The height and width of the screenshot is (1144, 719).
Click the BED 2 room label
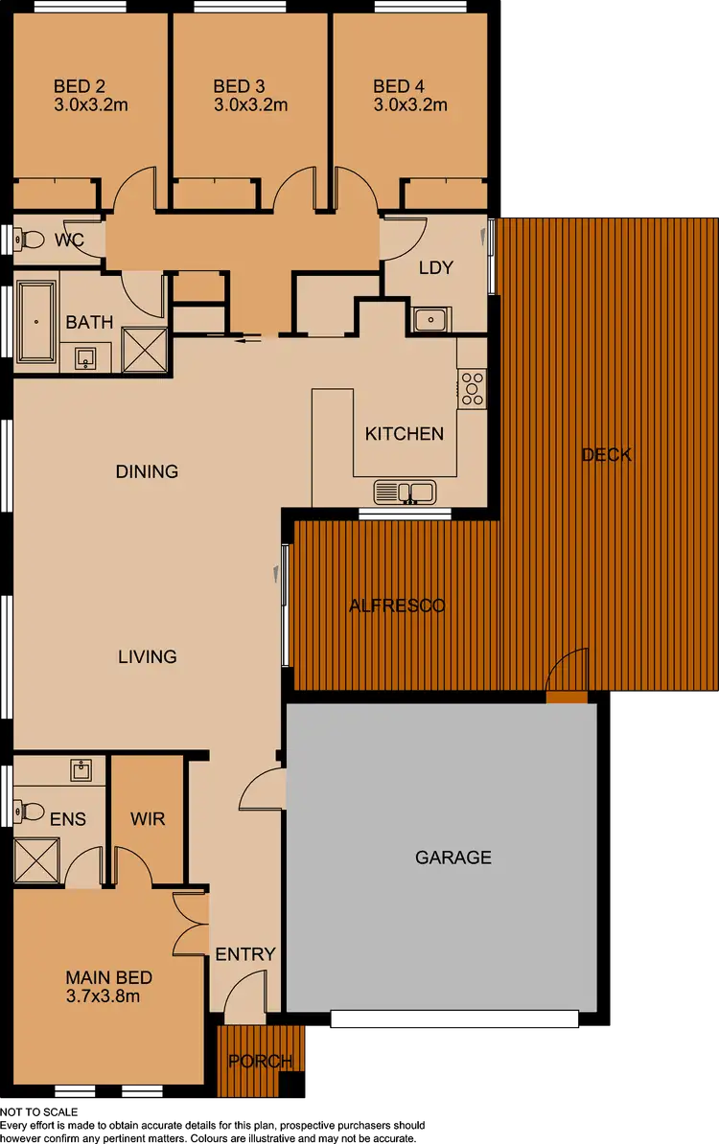click(79, 86)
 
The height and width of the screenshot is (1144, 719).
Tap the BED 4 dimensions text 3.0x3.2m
click(410, 105)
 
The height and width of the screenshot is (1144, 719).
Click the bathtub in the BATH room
click(36, 321)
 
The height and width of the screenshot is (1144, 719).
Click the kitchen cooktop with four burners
click(472, 388)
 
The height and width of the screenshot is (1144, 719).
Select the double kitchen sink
click(405, 492)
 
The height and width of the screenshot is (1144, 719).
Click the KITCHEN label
click(405, 434)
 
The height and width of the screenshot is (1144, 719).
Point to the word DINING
click(147, 471)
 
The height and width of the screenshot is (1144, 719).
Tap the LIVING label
click(147, 656)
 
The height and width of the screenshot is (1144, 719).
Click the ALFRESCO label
click(397, 606)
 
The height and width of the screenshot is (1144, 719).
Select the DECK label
click(607, 455)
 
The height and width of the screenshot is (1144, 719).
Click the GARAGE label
click(453, 858)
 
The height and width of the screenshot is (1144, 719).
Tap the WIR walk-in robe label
click(148, 819)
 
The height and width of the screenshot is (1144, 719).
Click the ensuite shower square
click(36, 860)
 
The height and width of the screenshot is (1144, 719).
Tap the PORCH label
click(261, 1062)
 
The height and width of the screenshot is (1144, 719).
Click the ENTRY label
click(245, 954)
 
